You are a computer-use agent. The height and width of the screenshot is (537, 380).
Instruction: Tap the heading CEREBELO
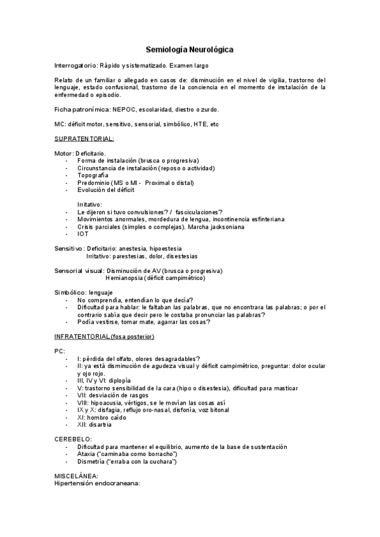tap(73, 439)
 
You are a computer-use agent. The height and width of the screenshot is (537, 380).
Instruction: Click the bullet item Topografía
tap(95, 175)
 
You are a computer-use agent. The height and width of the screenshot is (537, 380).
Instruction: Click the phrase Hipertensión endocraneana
tap(96, 484)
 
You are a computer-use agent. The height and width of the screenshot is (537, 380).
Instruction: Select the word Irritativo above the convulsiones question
tap(89, 205)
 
